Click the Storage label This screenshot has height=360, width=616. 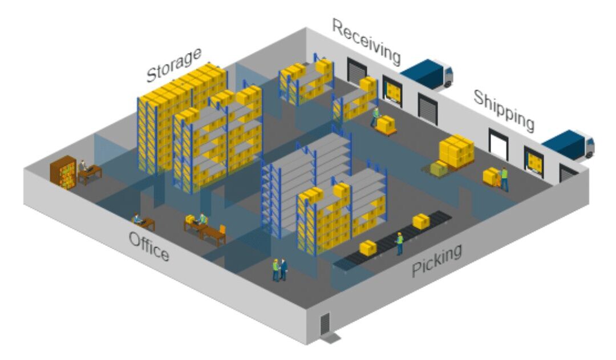pos(174,64)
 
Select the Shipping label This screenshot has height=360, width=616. pos(504,110)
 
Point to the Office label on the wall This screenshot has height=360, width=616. pos(149,246)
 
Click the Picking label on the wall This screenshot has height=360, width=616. pos(436,260)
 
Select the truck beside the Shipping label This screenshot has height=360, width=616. pos(569,145)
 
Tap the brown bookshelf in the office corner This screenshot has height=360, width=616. pos(63,172)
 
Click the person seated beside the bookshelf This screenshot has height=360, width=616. pos(83,167)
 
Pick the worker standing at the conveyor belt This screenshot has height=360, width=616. pos(399,244)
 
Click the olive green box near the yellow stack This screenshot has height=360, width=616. pos(439,168)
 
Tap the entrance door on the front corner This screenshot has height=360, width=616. pos(325,323)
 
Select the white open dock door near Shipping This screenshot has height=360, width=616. pos(498,144)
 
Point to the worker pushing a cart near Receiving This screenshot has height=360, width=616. pos(375,117)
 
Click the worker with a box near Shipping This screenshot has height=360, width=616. pos(504,179)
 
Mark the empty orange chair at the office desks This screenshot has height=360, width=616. pos(222,230)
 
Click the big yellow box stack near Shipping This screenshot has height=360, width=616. pos(456,151)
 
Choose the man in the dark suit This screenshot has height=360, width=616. pos(283,270)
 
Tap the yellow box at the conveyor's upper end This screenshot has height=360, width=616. pos(420,221)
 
